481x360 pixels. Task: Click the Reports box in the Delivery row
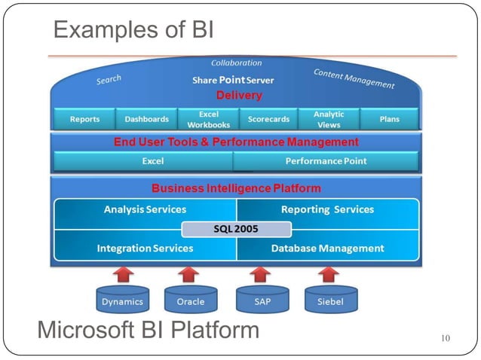click(84, 119)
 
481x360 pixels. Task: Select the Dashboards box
click(146, 119)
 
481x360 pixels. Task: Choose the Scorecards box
click(269, 119)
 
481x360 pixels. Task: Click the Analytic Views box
click(329, 119)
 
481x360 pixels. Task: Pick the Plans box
click(389, 119)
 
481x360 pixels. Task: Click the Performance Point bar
click(325, 161)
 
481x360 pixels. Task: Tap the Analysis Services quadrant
click(145, 210)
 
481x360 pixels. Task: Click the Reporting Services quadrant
click(327, 210)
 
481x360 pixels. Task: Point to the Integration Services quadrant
click(145, 248)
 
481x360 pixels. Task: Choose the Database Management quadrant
click(327, 248)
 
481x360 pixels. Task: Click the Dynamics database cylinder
click(122, 301)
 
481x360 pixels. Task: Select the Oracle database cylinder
click(190, 301)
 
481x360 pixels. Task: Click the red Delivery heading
click(239, 96)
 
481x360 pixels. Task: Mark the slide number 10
click(445, 338)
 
